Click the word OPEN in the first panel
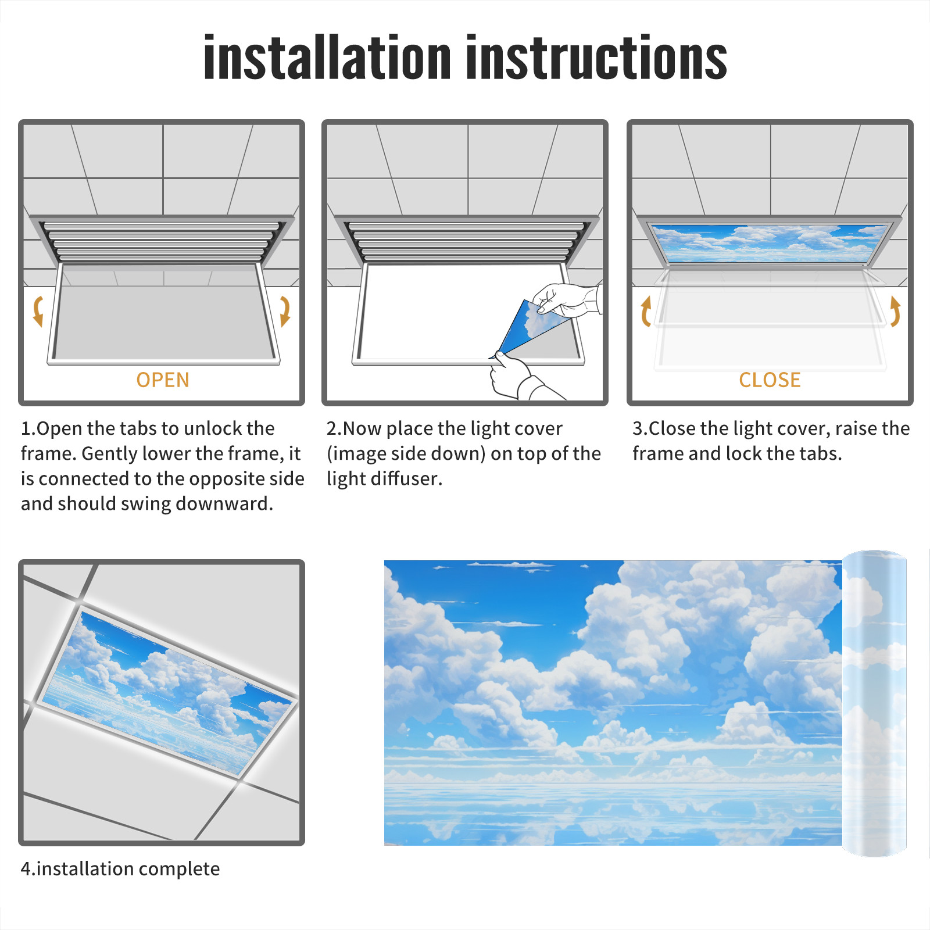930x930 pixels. (163, 380)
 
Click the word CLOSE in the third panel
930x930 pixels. (770, 380)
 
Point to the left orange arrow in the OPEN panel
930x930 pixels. (38, 311)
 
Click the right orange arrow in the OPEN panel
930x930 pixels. (285, 311)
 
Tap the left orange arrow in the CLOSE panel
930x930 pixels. (645, 311)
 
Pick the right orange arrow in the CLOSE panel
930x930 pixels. (895, 311)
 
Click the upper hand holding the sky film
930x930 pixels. (567, 300)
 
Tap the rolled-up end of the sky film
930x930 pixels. (874, 703)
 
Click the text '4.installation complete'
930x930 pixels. (120, 868)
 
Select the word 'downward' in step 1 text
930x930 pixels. (224, 503)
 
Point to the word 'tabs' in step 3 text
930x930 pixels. (821, 453)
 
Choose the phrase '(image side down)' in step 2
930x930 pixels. (406, 454)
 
